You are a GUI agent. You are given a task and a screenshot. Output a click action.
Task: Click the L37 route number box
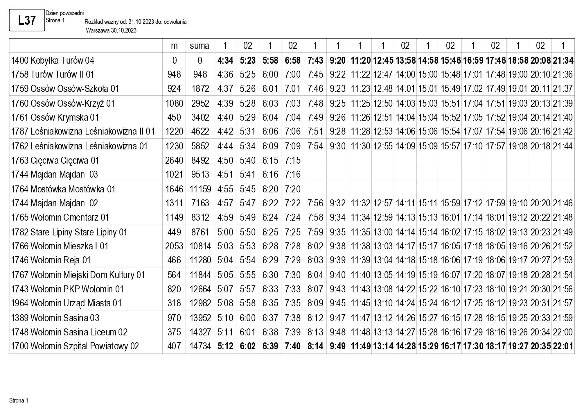click(x=27, y=20)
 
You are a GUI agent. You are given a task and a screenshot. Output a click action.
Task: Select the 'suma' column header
click(x=199, y=46)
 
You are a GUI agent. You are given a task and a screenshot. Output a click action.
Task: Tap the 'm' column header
click(x=174, y=46)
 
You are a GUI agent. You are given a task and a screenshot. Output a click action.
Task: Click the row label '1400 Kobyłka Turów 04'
click(x=53, y=60)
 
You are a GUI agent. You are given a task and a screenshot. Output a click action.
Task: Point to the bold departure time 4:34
click(x=225, y=60)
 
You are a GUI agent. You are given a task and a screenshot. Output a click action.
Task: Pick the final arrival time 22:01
click(x=563, y=346)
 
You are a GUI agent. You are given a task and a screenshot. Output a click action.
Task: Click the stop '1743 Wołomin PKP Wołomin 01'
click(x=67, y=289)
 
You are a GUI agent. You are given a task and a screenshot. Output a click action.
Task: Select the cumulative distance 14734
click(x=200, y=346)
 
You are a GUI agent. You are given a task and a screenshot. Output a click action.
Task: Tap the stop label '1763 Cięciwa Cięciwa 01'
click(x=55, y=160)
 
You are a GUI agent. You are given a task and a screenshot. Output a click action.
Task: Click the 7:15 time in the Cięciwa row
click(x=292, y=160)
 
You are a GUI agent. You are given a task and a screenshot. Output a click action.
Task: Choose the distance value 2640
click(x=174, y=160)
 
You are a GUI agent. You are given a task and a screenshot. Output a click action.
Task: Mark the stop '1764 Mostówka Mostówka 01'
click(x=63, y=189)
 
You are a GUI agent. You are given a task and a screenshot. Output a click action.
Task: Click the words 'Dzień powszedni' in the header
click(x=64, y=13)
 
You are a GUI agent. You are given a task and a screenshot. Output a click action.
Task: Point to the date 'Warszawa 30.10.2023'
click(x=111, y=31)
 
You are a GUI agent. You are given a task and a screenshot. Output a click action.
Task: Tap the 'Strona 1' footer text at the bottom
click(x=19, y=401)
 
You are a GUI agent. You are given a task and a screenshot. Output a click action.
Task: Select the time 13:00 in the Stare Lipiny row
click(x=382, y=232)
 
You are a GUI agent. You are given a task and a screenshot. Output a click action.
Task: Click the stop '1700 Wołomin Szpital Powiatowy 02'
click(x=75, y=346)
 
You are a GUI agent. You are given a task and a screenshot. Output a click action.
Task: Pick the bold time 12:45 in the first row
click(x=383, y=60)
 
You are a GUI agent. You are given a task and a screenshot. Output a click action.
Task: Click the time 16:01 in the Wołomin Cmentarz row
click(x=450, y=217)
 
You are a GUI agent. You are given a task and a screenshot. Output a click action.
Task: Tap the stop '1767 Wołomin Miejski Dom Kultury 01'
click(x=78, y=275)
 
